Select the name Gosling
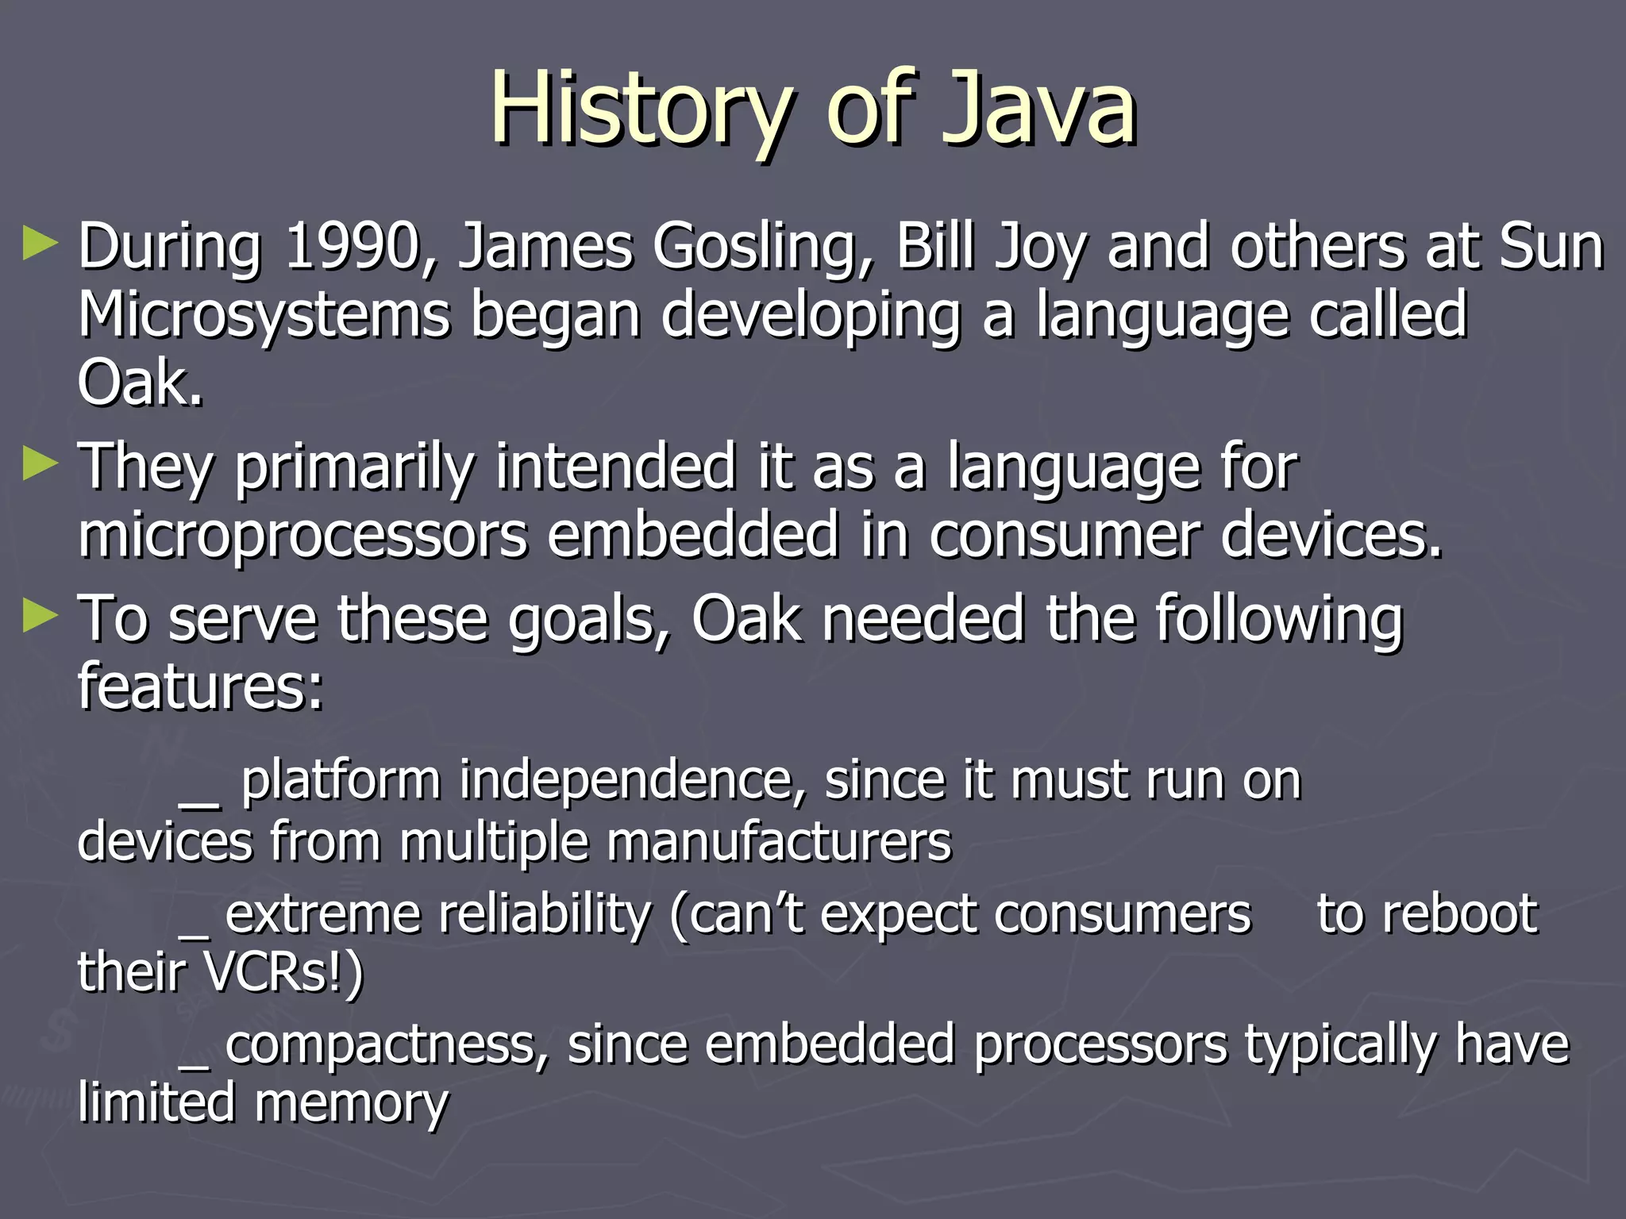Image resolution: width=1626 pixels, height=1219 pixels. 762,248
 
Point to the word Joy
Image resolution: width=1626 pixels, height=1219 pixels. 1040,248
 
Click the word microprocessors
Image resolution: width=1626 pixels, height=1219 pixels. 302,535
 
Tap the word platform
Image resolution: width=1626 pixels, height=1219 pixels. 341,781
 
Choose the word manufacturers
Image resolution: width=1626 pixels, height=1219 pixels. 779,841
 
